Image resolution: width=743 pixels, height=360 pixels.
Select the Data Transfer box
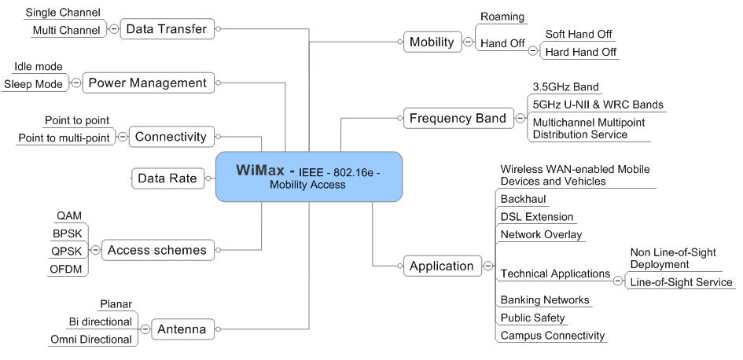point(166,29)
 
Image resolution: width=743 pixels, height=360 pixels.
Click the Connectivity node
point(171,137)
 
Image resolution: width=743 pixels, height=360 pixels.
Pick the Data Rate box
point(167,178)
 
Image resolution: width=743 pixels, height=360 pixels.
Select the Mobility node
point(432,42)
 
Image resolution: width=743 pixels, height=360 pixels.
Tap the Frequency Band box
point(457,119)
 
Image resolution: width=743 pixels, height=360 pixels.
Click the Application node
point(441,266)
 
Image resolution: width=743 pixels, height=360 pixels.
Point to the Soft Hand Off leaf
point(579,35)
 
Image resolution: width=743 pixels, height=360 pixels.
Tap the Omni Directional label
point(90,340)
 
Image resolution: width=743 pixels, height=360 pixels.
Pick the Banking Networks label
point(545,299)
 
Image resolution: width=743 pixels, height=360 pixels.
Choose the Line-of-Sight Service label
point(682,282)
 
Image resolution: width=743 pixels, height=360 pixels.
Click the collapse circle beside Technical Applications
point(618,280)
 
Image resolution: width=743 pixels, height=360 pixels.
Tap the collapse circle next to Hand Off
point(532,50)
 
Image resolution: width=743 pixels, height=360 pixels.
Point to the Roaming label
point(502,17)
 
